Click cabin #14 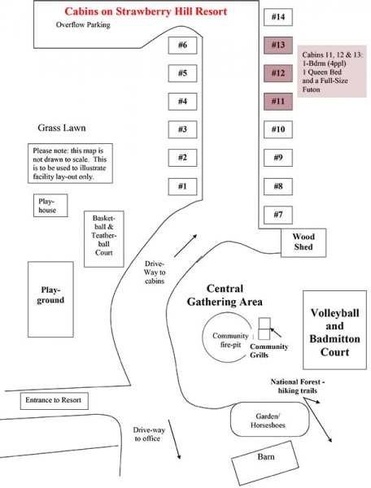pyautogui.click(x=278, y=17)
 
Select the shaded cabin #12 pyautogui.click(x=278, y=73)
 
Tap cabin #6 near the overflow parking pyautogui.click(x=182, y=46)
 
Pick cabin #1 pyautogui.click(x=182, y=187)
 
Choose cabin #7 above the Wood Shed pyautogui.click(x=278, y=215)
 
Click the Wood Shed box pyautogui.click(x=303, y=242)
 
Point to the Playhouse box pyautogui.click(x=50, y=206)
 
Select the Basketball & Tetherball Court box pyautogui.click(x=104, y=239)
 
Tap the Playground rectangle pyautogui.click(x=50, y=299)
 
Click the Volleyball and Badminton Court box pyautogui.click(x=335, y=330)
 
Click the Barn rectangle pyautogui.click(x=266, y=463)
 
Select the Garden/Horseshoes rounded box pyautogui.click(x=270, y=420)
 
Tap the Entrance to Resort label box pyautogui.click(x=55, y=401)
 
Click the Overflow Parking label pyautogui.click(x=83, y=25)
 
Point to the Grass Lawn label pyautogui.click(x=62, y=128)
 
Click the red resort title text pyautogui.click(x=146, y=11)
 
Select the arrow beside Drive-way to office pyautogui.click(x=174, y=439)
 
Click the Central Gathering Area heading pyautogui.click(x=225, y=295)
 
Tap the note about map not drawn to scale pyautogui.click(x=70, y=163)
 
